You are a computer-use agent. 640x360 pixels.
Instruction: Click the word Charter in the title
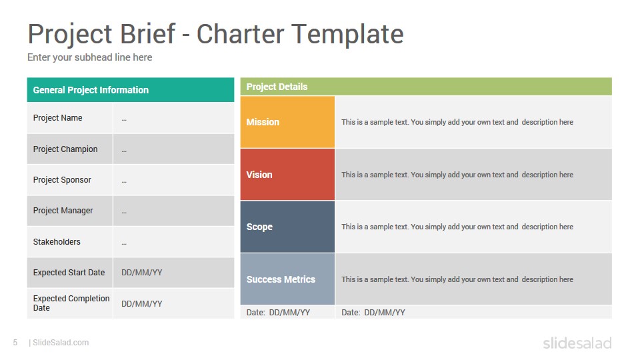(241, 33)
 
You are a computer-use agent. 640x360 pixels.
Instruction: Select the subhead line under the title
(90, 57)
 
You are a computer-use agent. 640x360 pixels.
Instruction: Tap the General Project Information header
(91, 90)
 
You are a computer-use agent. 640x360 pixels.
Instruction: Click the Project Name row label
(57, 118)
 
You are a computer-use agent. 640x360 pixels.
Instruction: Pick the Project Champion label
(65, 149)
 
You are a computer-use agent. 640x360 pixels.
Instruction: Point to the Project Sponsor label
(62, 180)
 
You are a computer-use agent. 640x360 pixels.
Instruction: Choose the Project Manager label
(63, 211)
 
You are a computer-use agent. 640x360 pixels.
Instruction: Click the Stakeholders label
(57, 242)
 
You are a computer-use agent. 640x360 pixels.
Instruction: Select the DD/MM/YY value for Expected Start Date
(141, 273)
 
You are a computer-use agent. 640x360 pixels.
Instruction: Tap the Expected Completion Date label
(71, 303)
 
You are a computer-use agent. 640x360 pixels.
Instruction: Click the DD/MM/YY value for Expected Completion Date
(141, 304)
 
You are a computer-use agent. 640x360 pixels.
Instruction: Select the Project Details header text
(277, 87)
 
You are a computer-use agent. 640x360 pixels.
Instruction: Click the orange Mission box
(287, 122)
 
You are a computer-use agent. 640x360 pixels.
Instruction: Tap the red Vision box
(287, 174)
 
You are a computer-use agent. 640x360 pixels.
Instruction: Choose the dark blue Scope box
(287, 227)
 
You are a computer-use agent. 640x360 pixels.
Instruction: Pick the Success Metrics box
(287, 279)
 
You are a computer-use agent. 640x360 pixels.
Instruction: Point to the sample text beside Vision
(457, 175)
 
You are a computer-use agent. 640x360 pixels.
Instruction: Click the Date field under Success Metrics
(278, 313)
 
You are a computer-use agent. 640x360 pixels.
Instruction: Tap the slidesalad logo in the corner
(577, 343)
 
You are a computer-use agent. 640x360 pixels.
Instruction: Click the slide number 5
(15, 343)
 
